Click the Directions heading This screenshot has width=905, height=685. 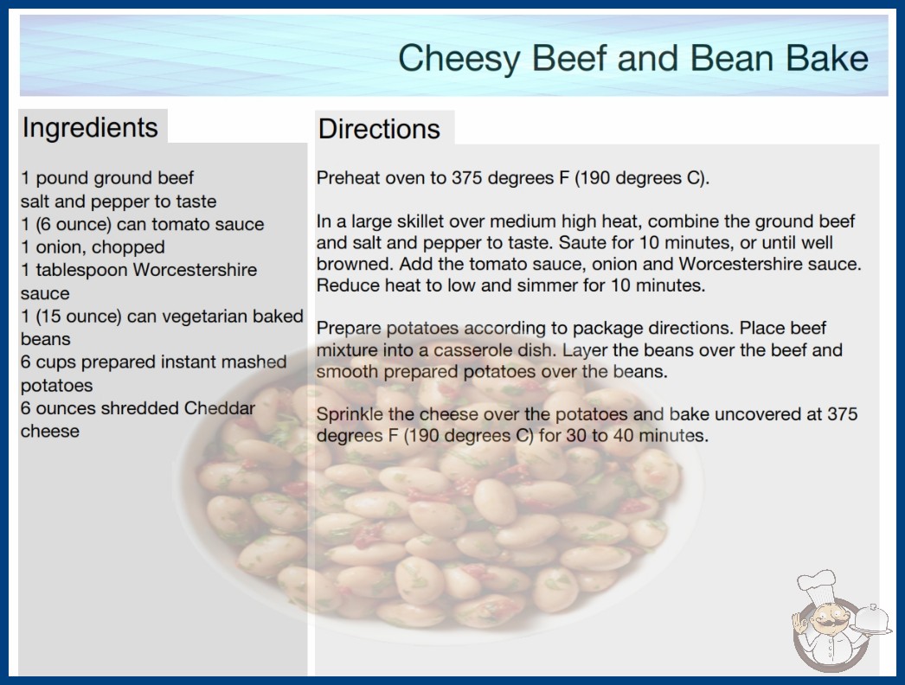[379, 129]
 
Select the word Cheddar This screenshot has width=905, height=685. [219, 408]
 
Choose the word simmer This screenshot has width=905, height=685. [535, 285]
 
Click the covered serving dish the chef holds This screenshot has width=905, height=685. [872, 620]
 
